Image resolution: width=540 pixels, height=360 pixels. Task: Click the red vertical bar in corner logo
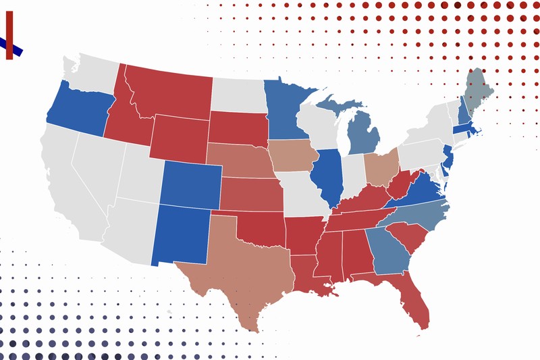[x=9, y=34]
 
